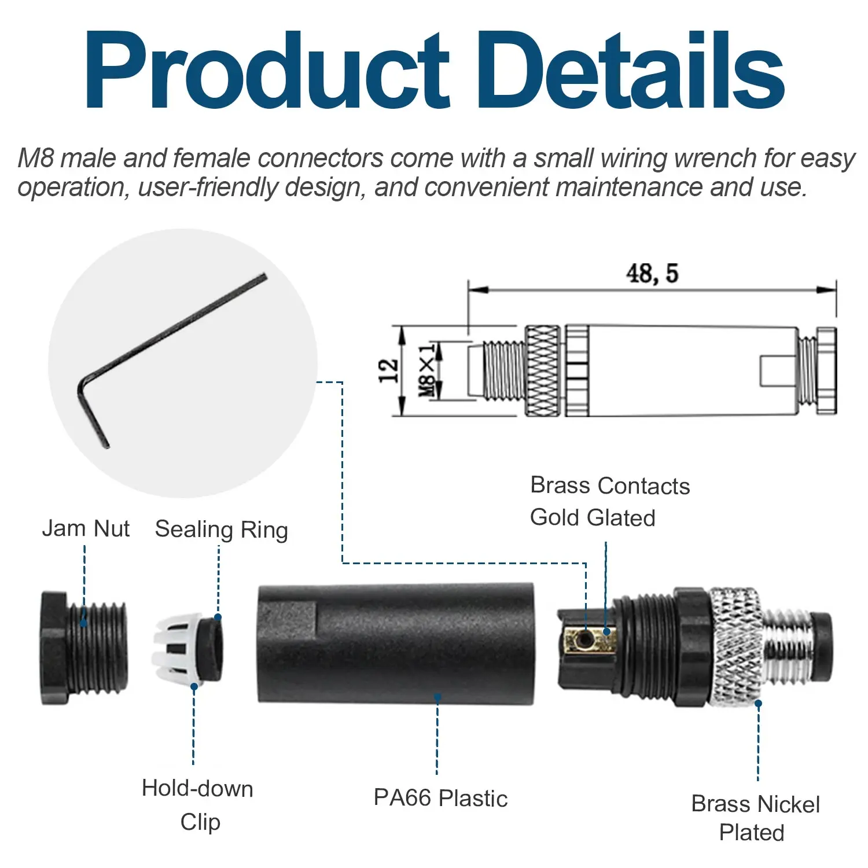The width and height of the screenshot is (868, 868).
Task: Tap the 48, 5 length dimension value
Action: (x=652, y=273)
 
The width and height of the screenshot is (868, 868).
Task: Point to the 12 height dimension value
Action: (x=388, y=370)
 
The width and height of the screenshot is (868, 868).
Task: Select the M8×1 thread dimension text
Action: (x=427, y=370)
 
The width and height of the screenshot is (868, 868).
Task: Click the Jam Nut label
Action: (x=86, y=529)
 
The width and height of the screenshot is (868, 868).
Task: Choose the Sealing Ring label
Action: (x=221, y=530)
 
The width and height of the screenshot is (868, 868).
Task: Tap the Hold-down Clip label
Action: (x=198, y=805)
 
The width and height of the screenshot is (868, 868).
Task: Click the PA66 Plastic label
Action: (x=440, y=798)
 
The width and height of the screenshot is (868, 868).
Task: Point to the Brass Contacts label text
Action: (x=610, y=486)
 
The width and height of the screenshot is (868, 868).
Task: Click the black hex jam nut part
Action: (x=81, y=648)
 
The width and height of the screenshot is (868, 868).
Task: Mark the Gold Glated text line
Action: (x=593, y=517)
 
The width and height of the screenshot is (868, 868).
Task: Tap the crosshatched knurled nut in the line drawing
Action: (x=542, y=370)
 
